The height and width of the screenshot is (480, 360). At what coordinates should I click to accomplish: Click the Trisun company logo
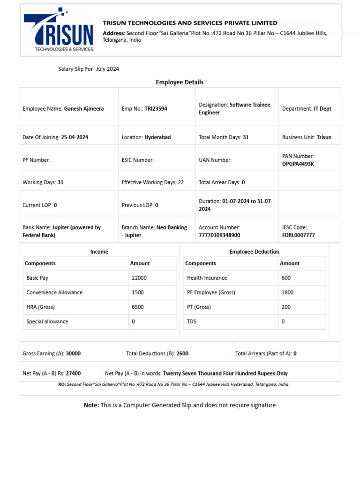59,30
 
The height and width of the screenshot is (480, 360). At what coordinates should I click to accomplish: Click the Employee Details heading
180,82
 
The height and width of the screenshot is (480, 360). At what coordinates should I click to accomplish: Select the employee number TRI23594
156,109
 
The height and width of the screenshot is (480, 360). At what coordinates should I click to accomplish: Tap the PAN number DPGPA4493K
298,164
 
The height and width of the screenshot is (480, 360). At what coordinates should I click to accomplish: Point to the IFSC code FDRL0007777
298,235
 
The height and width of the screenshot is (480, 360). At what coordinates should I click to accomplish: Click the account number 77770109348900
219,235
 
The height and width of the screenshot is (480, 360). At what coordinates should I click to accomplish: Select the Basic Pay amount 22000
139,278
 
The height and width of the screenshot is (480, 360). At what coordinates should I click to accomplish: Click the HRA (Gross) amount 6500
138,307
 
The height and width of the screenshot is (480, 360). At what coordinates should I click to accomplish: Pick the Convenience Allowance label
54,292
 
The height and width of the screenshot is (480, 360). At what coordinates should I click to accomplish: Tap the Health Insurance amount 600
286,278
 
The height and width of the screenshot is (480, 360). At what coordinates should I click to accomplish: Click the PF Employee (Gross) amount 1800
287,292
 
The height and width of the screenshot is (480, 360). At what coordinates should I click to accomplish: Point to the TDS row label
192,322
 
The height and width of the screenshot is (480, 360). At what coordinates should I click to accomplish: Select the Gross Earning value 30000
73,353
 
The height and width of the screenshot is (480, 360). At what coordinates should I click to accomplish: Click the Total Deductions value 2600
182,353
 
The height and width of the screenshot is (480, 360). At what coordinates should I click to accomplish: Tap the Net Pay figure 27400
73,374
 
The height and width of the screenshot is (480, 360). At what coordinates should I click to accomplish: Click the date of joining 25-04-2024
75,137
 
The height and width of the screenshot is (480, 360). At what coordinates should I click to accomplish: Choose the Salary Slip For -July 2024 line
89,69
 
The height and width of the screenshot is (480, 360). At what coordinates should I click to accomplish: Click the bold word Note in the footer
91,405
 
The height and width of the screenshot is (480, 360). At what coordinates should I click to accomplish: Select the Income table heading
99,252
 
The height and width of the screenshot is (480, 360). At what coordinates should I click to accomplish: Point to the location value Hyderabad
157,137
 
